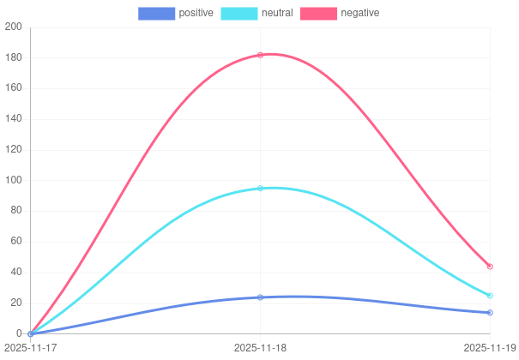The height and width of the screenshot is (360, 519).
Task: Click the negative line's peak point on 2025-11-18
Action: (x=260, y=55)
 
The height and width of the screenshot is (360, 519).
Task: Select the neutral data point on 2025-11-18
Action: (x=260, y=189)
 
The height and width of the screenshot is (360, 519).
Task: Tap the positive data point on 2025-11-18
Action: (x=260, y=297)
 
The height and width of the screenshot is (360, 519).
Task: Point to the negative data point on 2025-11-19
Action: (x=490, y=267)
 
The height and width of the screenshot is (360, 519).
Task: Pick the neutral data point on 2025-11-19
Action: (x=490, y=296)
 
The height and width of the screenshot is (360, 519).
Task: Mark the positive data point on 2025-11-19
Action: (x=490, y=313)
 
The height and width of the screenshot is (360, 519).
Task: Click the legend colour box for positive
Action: (x=157, y=13)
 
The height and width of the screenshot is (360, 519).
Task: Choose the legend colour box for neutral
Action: (x=239, y=13)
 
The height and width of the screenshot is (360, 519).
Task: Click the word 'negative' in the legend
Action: (x=359, y=13)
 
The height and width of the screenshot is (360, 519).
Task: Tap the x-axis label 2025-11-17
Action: (x=30, y=347)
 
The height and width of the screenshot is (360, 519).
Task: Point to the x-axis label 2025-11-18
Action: (x=260, y=347)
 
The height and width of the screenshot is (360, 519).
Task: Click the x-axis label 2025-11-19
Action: (x=490, y=347)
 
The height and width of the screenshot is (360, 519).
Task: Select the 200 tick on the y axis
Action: (x=13, y=27)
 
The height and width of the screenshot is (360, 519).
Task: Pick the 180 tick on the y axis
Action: (x=13, y=57)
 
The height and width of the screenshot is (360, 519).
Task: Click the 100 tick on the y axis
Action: (x=13, y=180)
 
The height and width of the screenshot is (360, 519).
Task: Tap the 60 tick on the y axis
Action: (x=15, y=241)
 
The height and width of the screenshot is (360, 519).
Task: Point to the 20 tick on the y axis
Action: (x=15, y=303)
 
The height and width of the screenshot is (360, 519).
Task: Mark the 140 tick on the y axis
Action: (x=13, y=118)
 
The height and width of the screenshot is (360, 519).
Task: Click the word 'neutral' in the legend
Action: (x=276, y=13)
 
